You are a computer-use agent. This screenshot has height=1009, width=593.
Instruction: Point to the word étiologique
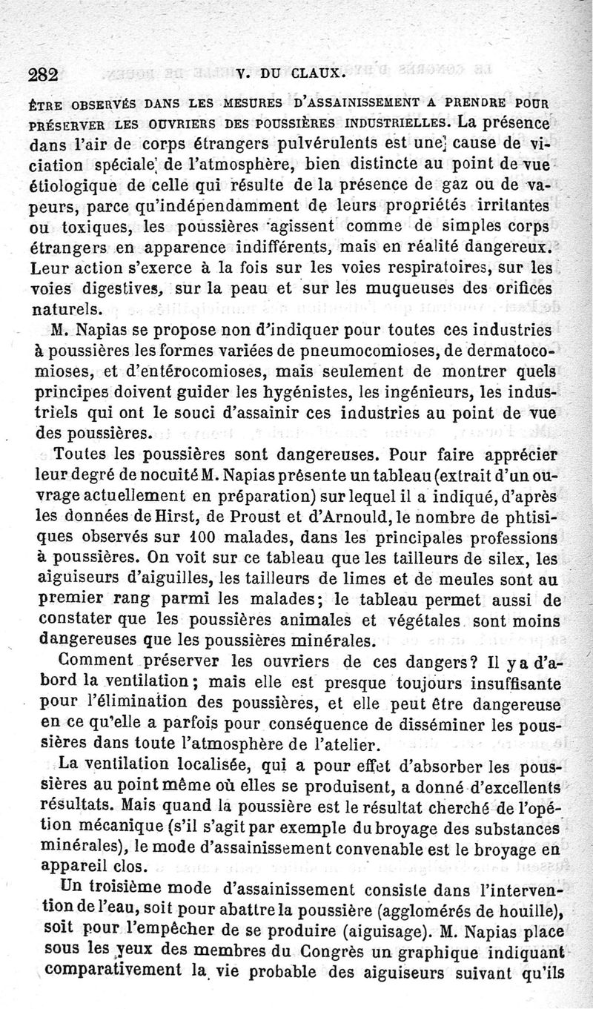75,185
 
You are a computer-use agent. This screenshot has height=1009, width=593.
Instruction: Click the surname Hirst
179,512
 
